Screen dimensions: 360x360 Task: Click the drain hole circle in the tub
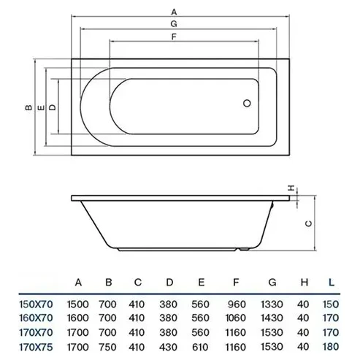tap(247, 103)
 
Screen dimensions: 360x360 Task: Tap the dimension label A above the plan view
tap(174, 12)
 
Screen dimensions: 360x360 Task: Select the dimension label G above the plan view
tap(174, 24)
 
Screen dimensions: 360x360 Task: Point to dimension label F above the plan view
tap(174, 37)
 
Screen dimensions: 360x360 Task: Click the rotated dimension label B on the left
tap(28, 107)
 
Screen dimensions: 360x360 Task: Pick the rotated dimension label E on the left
tap(42, 107)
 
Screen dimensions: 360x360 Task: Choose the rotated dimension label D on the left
tap(53, 107)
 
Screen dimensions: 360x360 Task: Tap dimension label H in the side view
tap(291, 188)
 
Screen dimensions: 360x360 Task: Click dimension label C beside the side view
tap(308, 223)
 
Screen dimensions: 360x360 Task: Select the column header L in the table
tap(332, 283)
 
